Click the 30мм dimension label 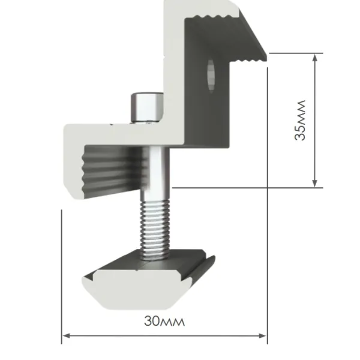coord(164,320)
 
